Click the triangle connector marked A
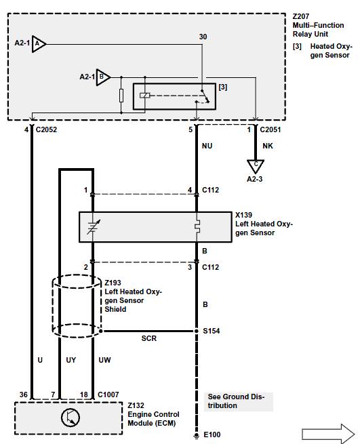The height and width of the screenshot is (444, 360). [39, 44]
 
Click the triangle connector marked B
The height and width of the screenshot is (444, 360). [103, 77]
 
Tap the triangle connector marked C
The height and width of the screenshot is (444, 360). [256, 166]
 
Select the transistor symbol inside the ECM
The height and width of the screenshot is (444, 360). [71, 418]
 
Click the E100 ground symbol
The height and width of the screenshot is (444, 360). [196, 436]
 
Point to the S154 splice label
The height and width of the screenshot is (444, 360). [212, 331]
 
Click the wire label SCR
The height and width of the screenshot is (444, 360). [149, 338]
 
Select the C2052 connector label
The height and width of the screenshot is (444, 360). [46, 129]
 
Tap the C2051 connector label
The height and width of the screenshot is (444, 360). [271, 129]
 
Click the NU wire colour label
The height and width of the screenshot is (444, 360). [207, 146]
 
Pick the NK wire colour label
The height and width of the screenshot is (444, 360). [268, 146]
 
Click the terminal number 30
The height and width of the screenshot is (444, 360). [203, 37]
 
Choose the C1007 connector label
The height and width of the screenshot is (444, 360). [108, 395]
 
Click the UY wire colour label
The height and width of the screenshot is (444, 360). [71, 360]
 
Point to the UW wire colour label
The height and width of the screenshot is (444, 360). [104, 360]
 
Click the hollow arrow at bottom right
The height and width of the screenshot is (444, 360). [328, 434]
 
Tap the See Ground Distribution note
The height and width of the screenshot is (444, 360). [236, 401]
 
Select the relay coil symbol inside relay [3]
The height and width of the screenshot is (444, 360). [144, 96]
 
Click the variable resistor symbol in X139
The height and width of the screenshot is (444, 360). [93, 227]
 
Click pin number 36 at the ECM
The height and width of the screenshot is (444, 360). [24, 395]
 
